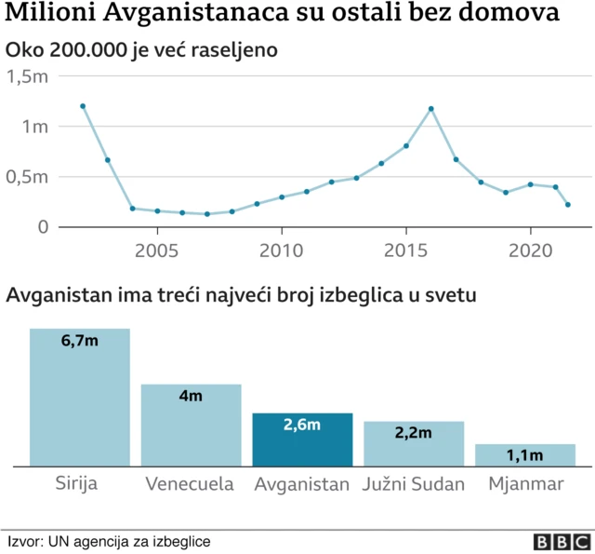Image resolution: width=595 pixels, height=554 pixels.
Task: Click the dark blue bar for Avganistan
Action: tap(302, 439)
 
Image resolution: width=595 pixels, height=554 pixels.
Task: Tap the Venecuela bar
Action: tap(191, 425)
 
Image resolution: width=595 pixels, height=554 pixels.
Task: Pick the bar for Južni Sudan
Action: tap(414, 443)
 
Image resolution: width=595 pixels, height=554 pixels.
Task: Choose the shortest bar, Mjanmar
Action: tap(525, 454)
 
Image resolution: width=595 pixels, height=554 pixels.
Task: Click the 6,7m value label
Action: tap(79, 343)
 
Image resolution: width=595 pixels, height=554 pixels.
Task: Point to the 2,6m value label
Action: tap(302, 426)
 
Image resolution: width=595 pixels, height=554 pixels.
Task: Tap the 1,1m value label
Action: tap(525, 455)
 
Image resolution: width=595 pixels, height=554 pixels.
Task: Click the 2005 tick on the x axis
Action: tap(157, 250)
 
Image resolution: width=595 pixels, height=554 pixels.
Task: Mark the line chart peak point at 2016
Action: tap(431, 109)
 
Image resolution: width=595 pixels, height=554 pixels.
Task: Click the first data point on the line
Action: tap(83, 106)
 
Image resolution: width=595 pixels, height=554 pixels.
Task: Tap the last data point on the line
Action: tap(567, 205)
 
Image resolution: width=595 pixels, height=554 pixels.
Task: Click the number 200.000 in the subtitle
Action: tap(90, 49)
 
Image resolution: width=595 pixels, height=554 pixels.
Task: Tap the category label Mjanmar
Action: tap(525, 484)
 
